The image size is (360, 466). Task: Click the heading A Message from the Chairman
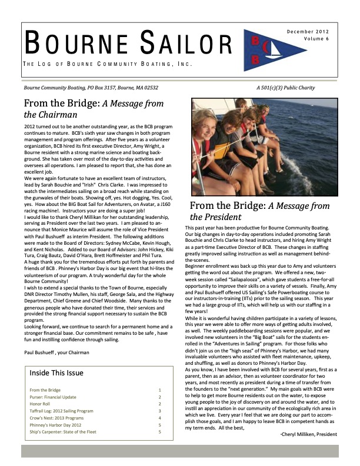coord(86,108)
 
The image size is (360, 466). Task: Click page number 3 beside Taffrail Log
coord(159,414)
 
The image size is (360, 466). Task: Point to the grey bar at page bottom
coord(179,451)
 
